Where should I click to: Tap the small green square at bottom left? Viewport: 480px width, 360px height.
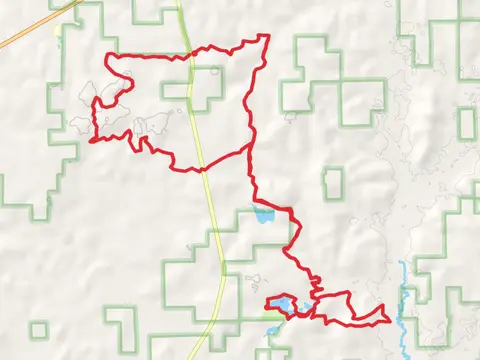tap(39, 330)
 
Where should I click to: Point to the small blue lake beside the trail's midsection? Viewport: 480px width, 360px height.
tap(263, 215)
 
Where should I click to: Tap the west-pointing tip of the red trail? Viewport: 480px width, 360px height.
tap(93, 141)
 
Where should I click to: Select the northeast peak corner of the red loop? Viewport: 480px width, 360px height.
tap(268, 37)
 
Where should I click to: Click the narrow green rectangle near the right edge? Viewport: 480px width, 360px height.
tap(467, 124)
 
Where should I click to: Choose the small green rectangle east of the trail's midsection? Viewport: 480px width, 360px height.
tap(333, 182)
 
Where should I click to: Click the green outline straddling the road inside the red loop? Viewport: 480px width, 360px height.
tap(206, 88)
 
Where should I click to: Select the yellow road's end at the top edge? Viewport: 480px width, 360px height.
tap(179, 3)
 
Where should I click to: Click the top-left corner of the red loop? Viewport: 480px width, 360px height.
tap(107, 56)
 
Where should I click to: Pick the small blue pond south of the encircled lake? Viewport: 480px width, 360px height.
tap(273, 330)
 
